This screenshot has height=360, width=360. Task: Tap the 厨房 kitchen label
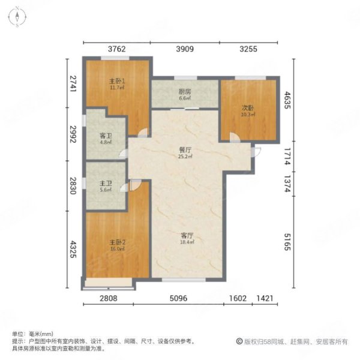184,92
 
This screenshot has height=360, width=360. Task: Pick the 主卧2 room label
116,242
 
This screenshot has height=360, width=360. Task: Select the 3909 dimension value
185,50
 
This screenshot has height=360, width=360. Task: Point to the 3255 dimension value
248,50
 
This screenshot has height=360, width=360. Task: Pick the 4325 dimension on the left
73,249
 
